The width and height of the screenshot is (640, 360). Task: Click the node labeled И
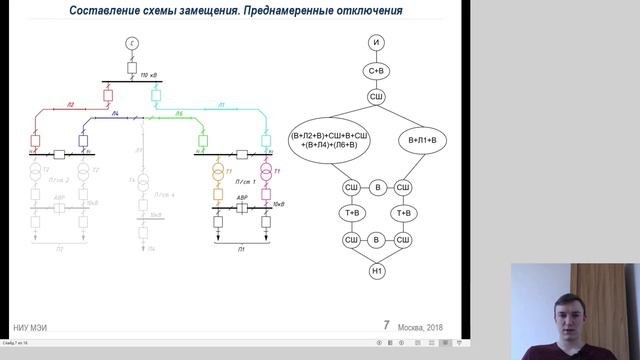(377, 42)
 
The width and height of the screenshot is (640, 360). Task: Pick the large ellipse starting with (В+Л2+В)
(327, 144)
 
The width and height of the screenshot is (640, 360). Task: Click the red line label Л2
(71, 105)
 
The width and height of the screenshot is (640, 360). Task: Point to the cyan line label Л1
(221, 104)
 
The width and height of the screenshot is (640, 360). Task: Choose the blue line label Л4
(116, 114)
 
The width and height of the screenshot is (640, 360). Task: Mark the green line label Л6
(180, 114)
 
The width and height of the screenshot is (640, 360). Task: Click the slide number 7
(387, 326)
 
